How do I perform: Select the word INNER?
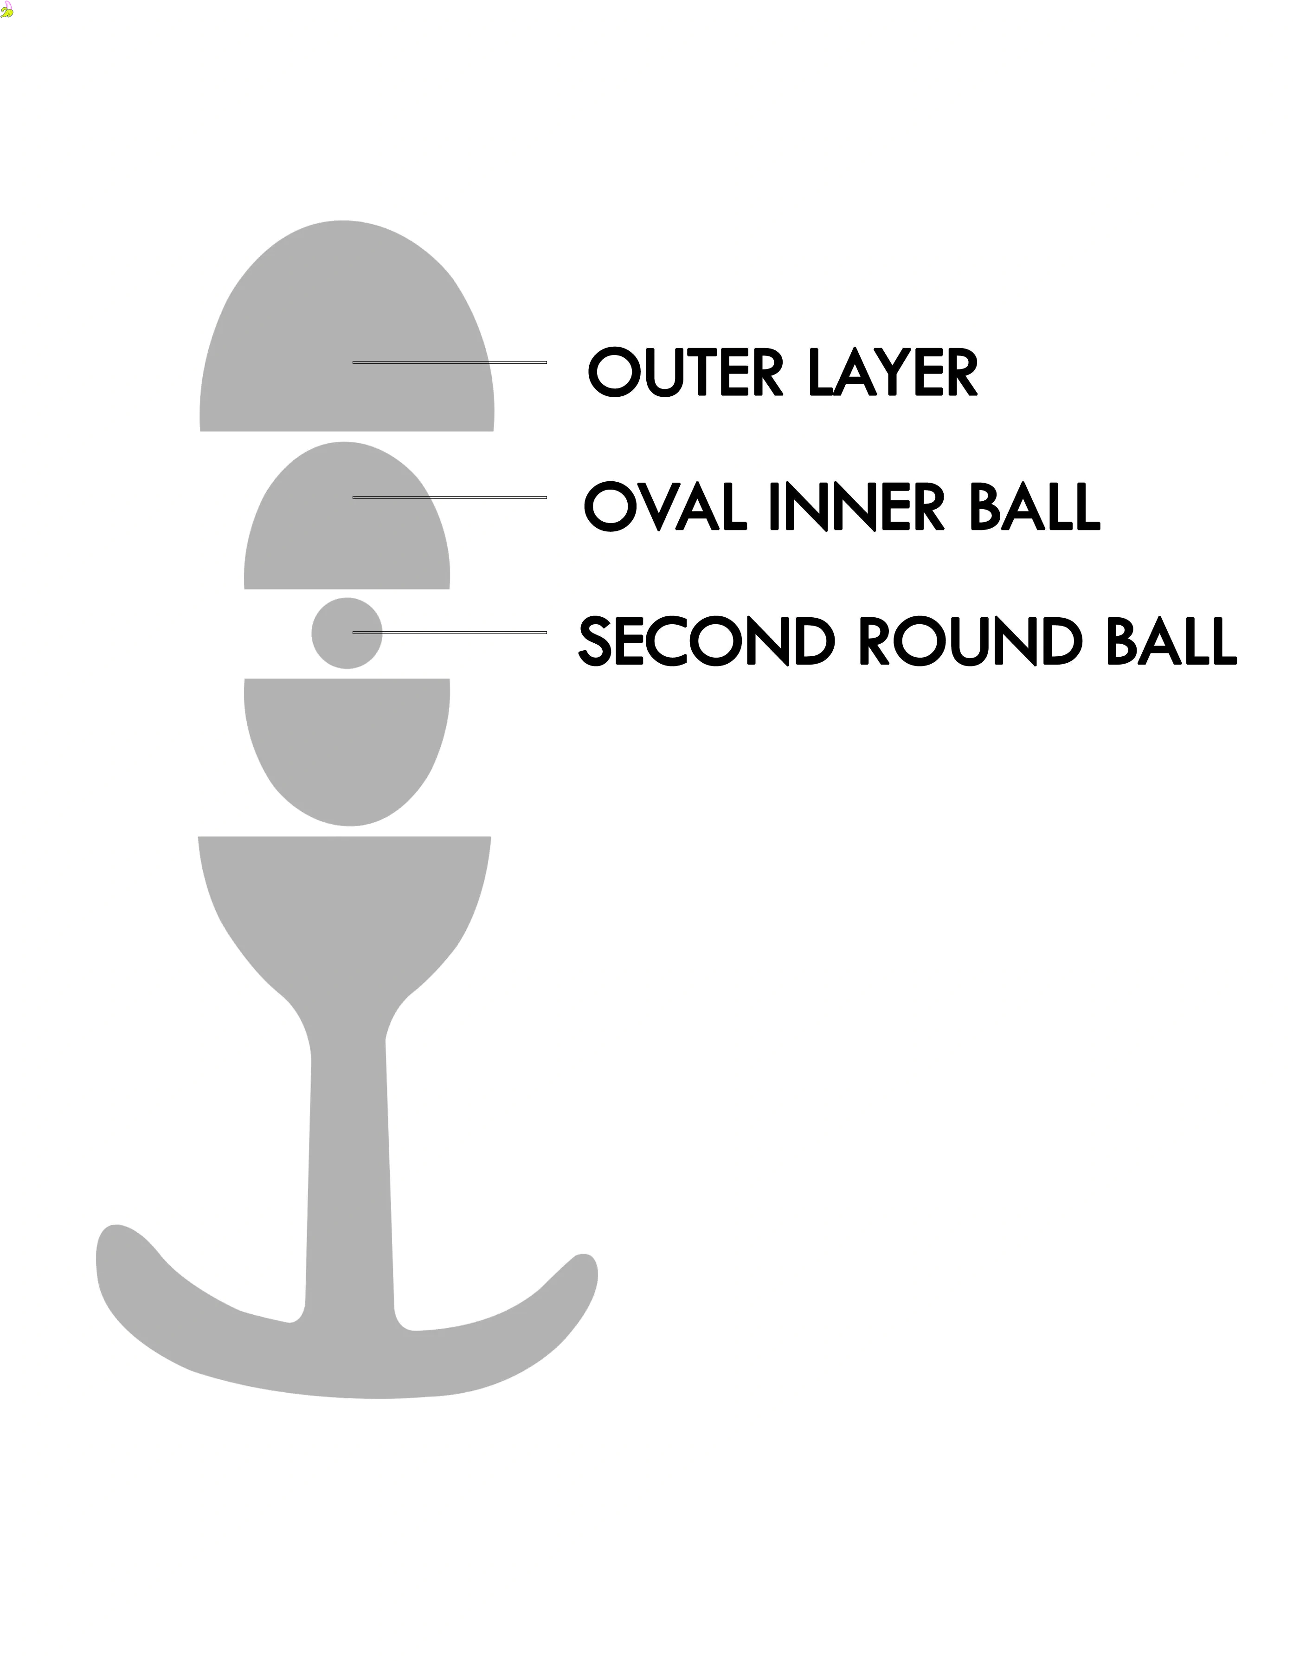pos(857,506)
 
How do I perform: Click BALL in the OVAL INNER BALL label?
pos(1035,506)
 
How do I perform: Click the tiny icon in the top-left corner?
pos(7,11)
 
